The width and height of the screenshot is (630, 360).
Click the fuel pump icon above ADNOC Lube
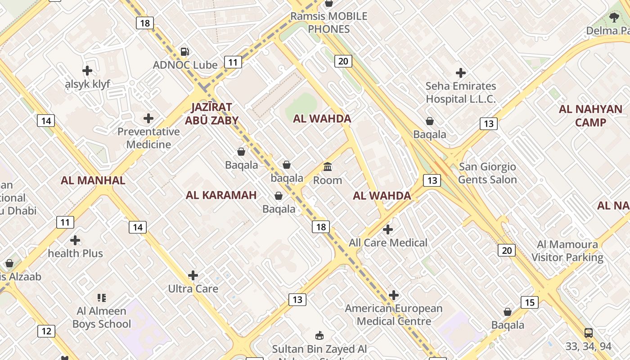[184, 52]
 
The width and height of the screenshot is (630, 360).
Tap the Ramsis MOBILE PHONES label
[328, 22]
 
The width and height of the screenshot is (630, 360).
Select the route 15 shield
[530, 302]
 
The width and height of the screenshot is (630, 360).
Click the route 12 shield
[46, 331]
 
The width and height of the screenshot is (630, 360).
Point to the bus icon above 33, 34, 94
[588, 333]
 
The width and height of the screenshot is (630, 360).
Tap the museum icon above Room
[328, 167]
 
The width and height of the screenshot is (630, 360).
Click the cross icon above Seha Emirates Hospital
[461, 72]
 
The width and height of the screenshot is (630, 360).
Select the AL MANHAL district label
[93, 180]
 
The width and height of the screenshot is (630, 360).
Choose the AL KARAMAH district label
[221, 195]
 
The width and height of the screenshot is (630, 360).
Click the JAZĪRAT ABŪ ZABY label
[211, 113]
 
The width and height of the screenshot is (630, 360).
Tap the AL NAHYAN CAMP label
[590, 116]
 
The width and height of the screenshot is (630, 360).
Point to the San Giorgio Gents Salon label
[487, 173]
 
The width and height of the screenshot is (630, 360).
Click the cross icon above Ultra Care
[193, 275]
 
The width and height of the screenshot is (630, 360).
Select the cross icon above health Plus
[75, 240]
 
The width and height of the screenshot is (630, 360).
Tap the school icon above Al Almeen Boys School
[102, 297]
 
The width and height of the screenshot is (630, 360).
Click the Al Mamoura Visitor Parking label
[567, 251]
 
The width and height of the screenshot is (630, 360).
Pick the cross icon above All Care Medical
[387, 229]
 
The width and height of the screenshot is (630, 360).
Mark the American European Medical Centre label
[394, 315]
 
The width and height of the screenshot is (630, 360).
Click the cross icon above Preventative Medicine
[148, 118]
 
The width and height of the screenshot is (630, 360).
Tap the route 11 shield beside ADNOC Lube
[233, 62]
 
